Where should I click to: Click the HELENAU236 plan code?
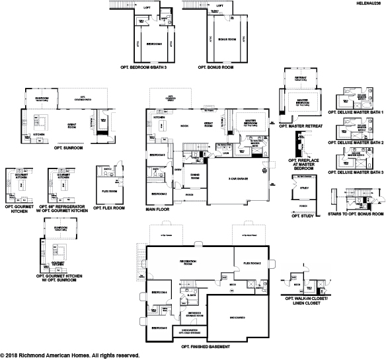pos(367,3)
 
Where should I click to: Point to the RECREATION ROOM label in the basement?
pos(190,262)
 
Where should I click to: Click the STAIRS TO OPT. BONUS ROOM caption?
pos(356,215)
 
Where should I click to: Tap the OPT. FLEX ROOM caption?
pos(110,207)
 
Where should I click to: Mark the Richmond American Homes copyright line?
pos(69,355)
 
